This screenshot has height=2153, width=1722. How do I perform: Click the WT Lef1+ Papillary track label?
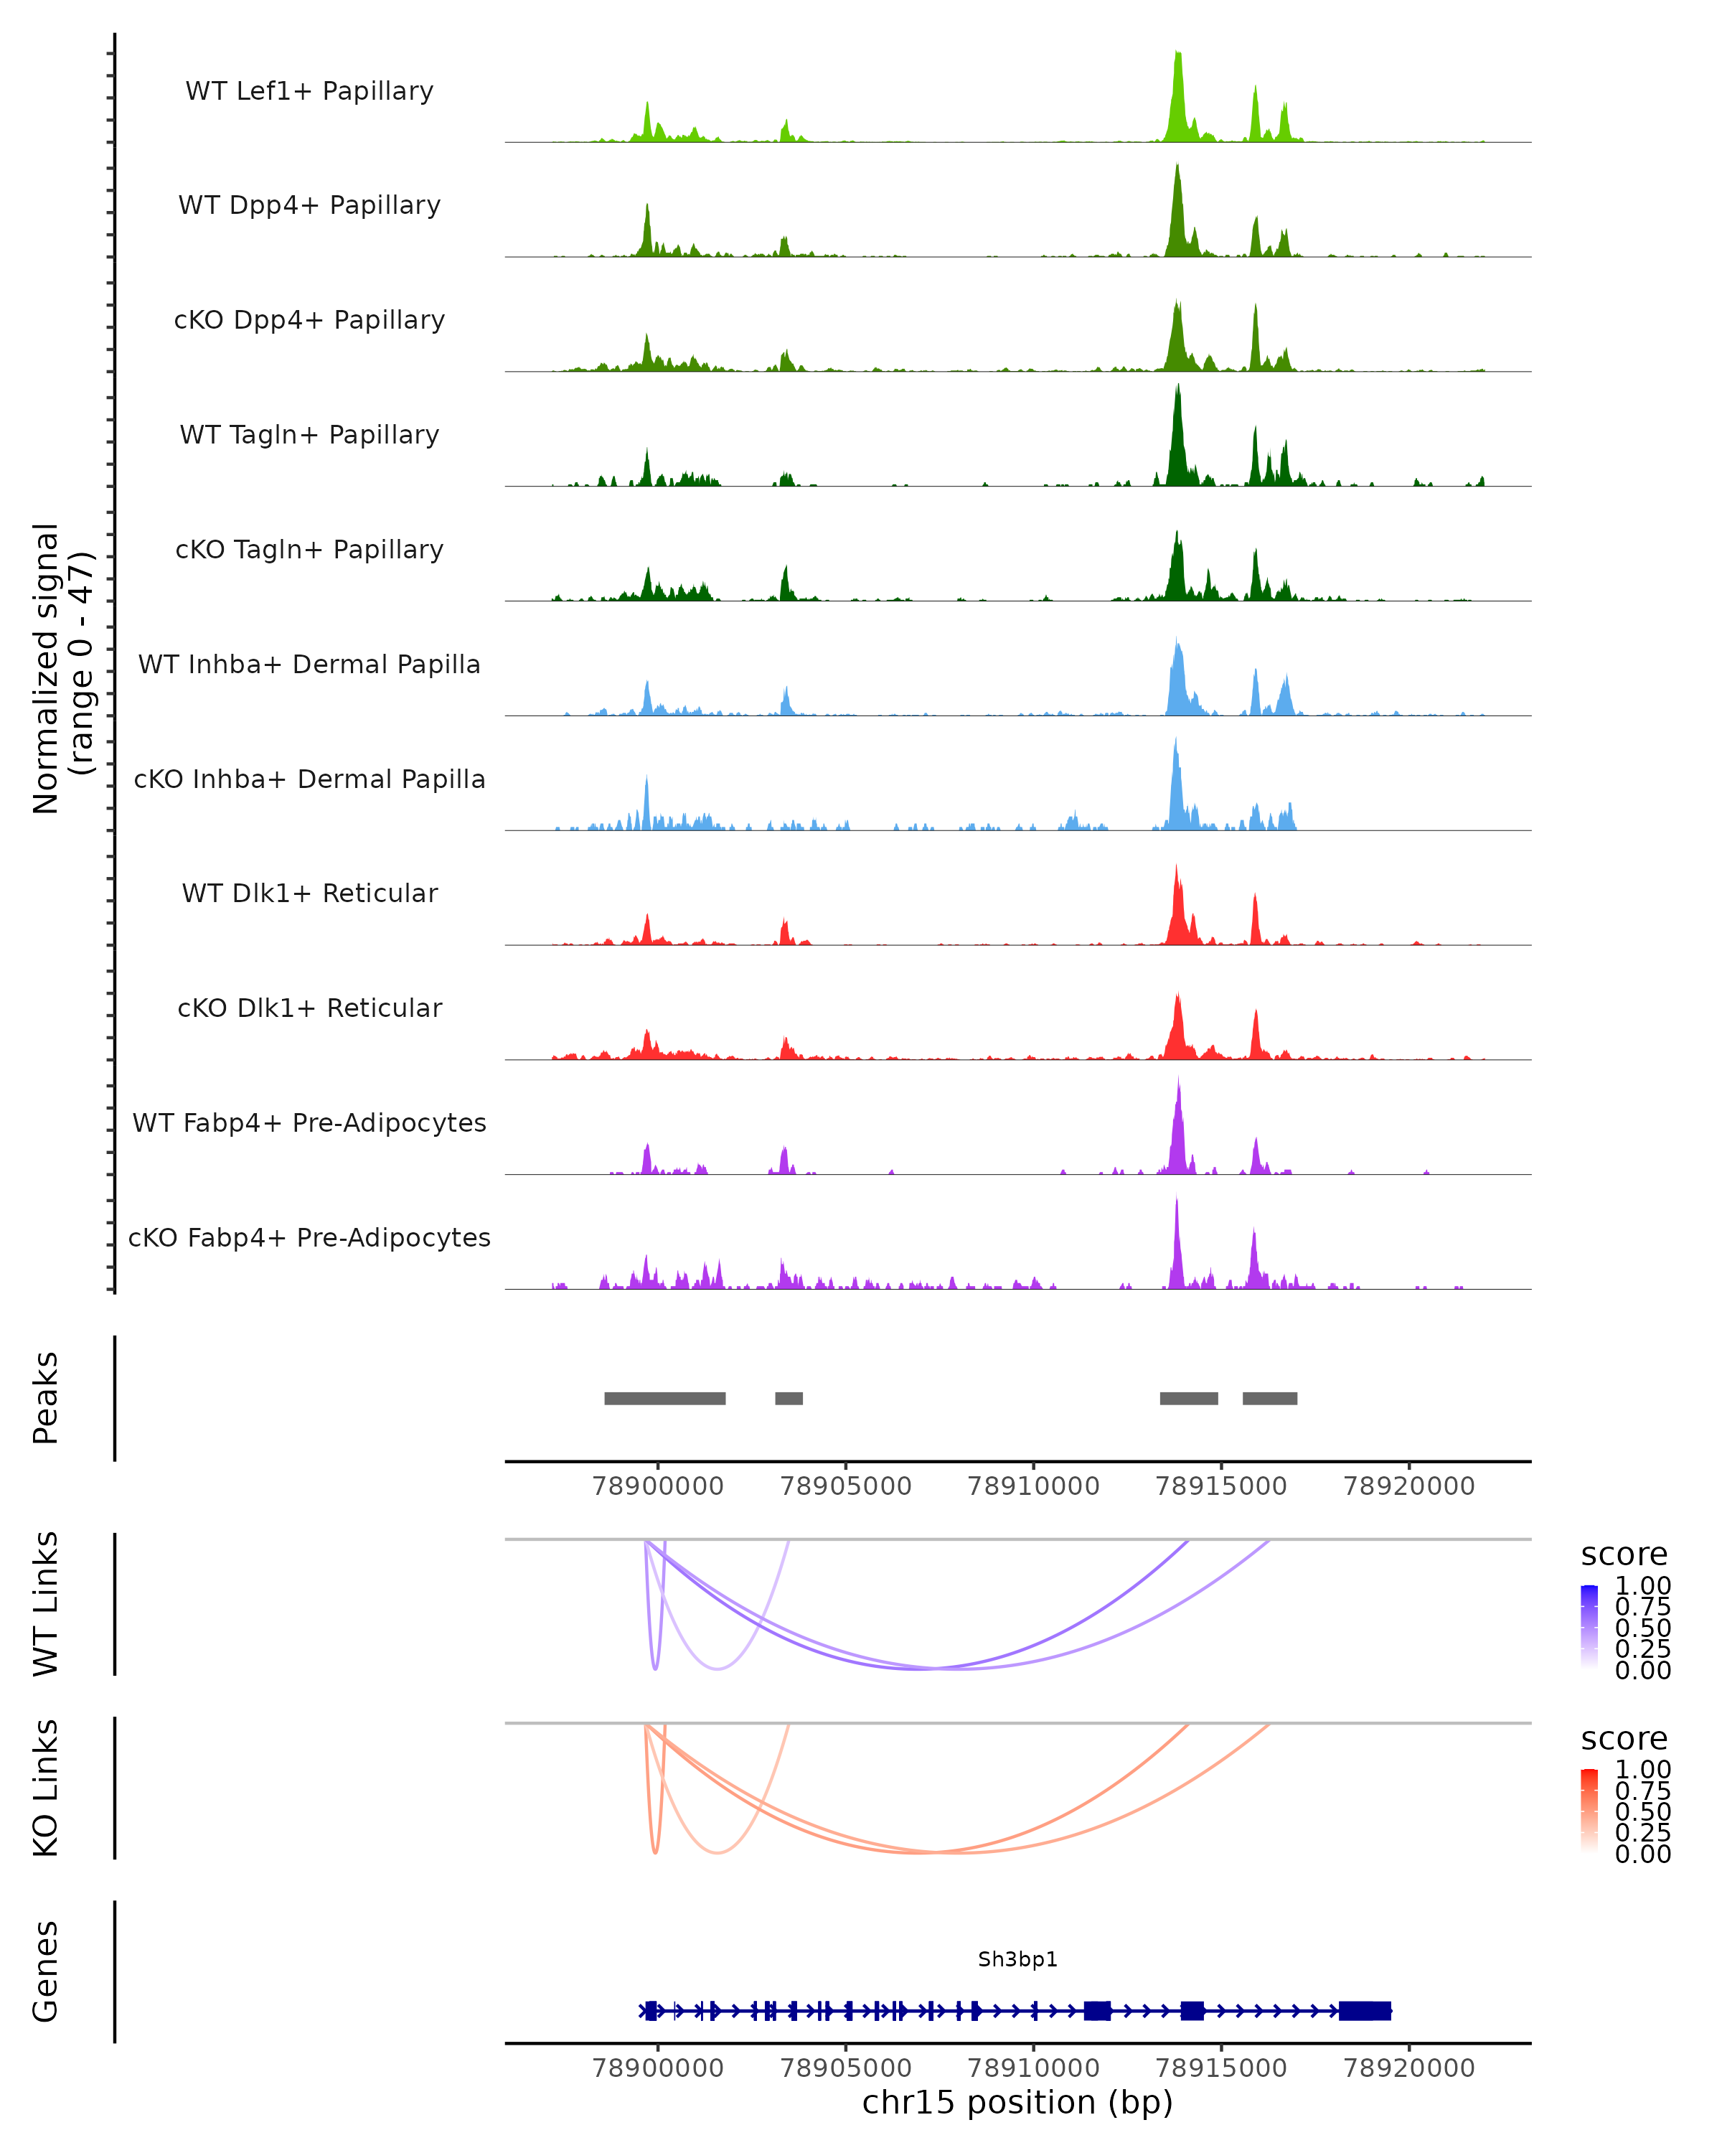tap(309, 91)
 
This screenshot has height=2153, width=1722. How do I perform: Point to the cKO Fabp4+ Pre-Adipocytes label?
tap(309, 1237)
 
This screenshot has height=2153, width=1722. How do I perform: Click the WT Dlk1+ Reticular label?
tap(309, 893)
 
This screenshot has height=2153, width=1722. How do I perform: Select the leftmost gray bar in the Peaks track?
tap(665, 1398)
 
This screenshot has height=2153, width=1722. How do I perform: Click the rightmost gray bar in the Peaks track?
tap(1270, 1398)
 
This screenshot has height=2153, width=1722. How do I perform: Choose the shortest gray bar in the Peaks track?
tap(789, 1398)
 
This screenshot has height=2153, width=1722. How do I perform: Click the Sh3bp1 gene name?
tap(1017, 1959)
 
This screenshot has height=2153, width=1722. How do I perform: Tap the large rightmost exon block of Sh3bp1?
tap(1365, 2011)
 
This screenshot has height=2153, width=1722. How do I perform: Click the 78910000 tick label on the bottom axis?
tap(1033, 2068)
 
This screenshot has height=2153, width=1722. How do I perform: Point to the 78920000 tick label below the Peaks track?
tap(1408, 1487)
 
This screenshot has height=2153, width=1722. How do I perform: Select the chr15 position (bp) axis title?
tap(1017, 2103)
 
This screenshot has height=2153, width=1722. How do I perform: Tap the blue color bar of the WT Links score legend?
tap(1589, 1627)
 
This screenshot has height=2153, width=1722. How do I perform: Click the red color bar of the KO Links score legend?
tap(1589, 1811)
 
